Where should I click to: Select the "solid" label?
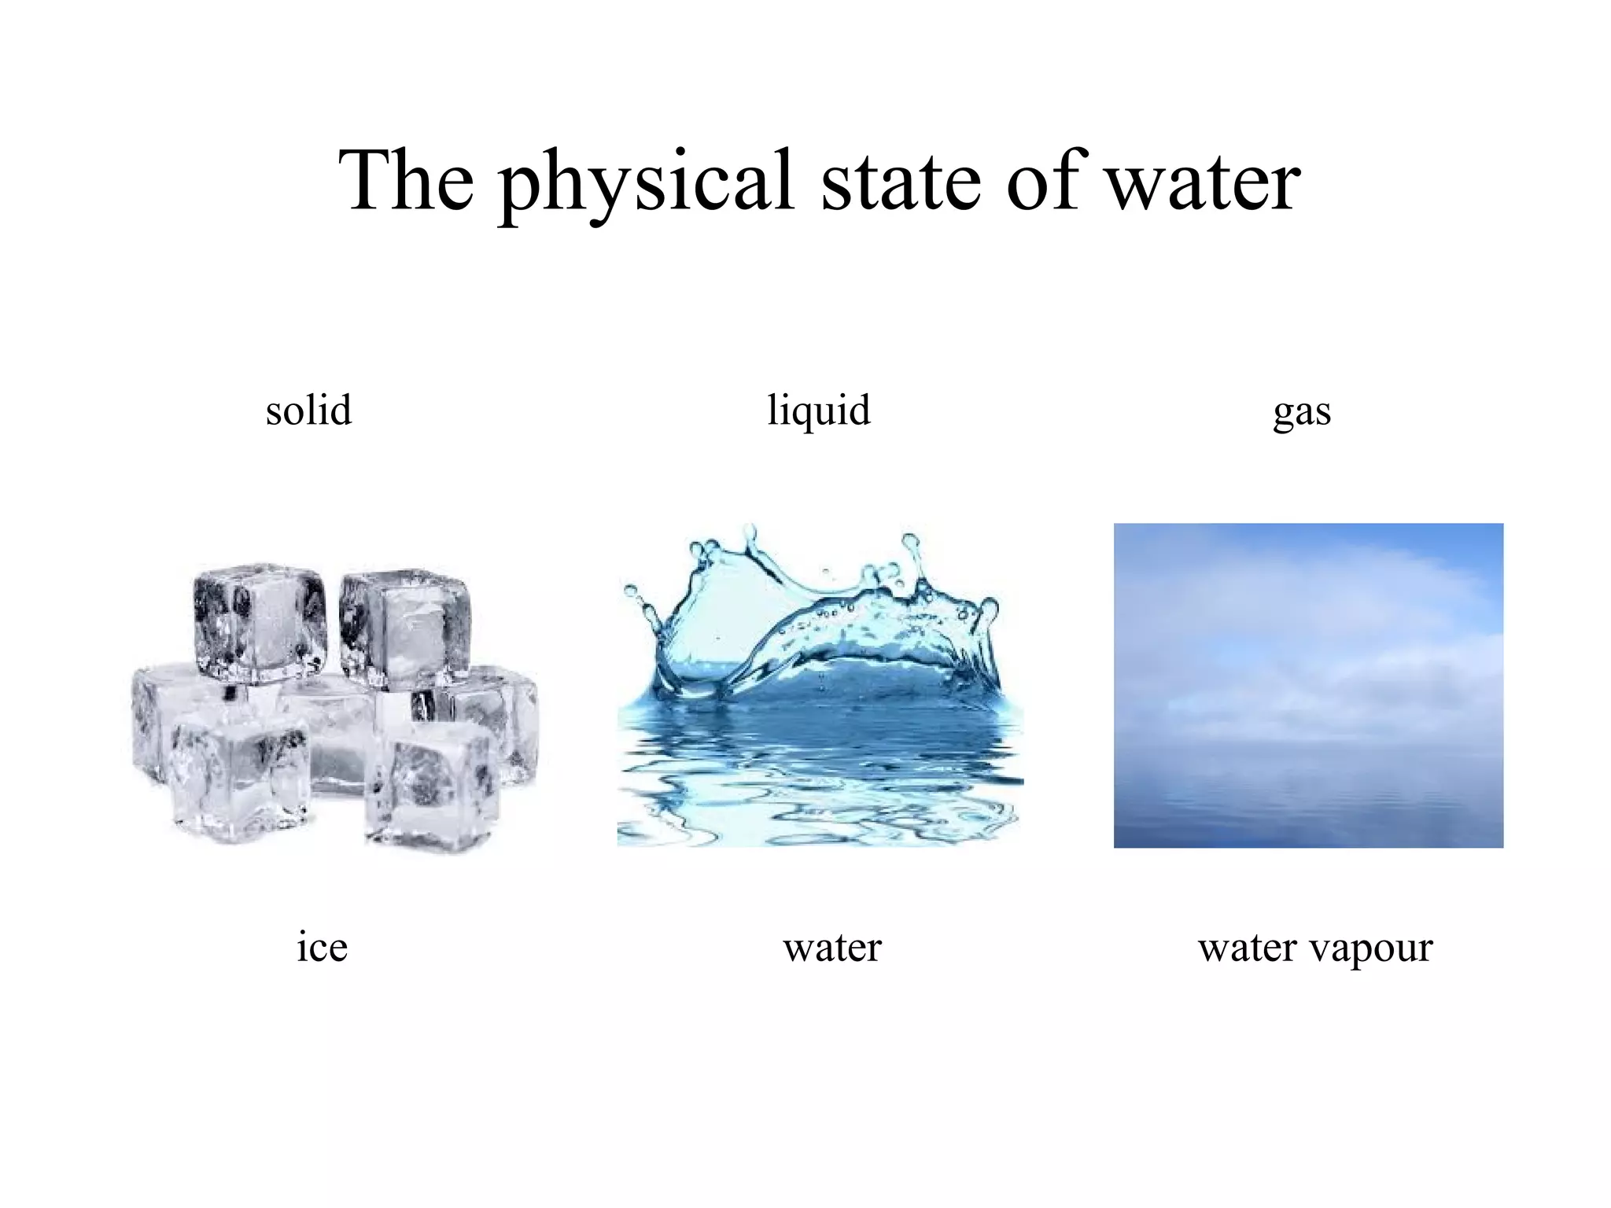pos(308,410)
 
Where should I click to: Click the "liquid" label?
pos(819,411)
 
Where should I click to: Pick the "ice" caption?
pos(322,946)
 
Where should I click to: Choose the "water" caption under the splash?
pos(832,947)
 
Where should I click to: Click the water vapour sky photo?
pos(1308,685)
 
